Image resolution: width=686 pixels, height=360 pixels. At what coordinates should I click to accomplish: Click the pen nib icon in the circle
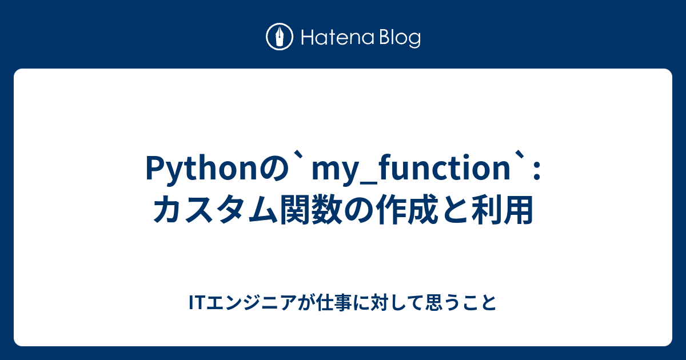[280, 37]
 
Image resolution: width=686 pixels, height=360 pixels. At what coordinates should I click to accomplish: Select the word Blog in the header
[398, 38]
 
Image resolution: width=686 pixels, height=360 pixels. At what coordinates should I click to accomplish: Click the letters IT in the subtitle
[196, 302]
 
